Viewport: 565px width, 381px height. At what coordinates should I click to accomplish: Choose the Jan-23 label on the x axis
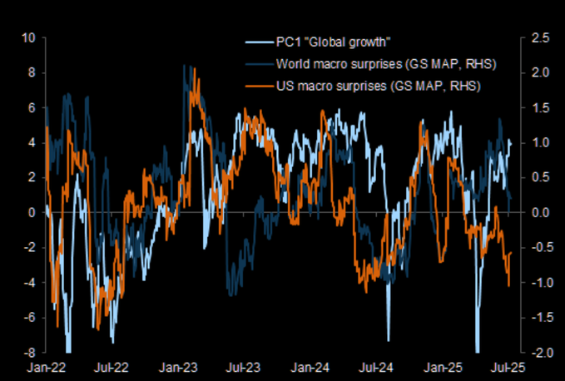177,367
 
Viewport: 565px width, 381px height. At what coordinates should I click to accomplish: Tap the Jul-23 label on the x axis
242,367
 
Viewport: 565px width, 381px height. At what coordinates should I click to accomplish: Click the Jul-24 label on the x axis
376,367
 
